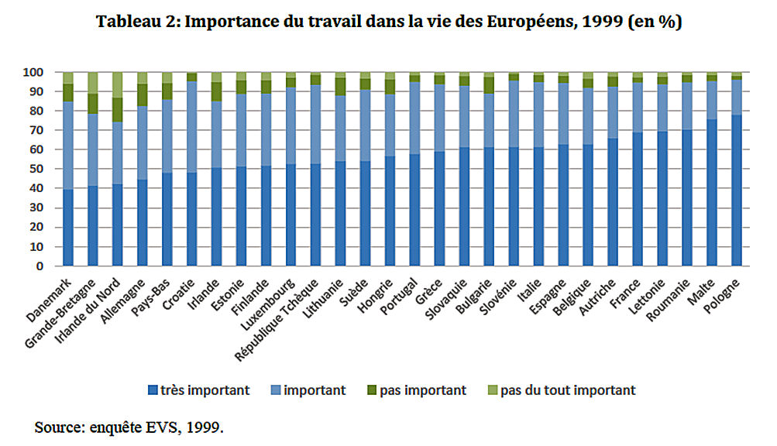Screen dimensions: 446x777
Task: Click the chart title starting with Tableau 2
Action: [388, 22]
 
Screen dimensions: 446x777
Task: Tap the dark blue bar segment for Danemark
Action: [68, 228]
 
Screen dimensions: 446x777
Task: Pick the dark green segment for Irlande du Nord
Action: [117, 109]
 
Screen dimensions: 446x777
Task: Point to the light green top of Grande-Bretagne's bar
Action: [93, 82]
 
